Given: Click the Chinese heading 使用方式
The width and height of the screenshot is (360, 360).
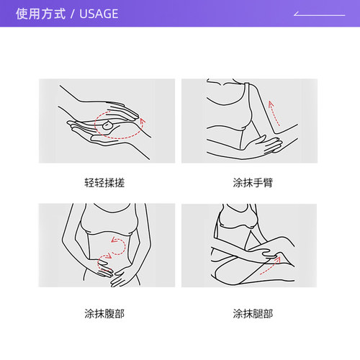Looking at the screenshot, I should coord(40,14).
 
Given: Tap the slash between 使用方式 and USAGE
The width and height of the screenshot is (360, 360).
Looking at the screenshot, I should coord(72,14).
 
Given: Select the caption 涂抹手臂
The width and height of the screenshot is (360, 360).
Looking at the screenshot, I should coord(253,182).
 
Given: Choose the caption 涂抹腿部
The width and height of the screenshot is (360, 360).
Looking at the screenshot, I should coord(253,313).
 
